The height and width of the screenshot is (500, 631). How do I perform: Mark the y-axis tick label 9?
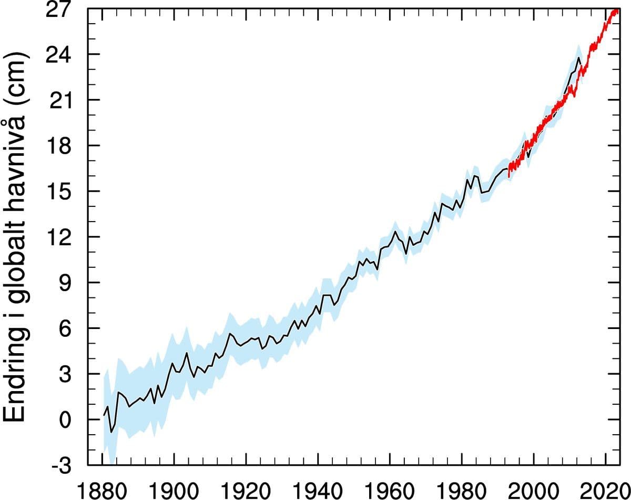[69, 283]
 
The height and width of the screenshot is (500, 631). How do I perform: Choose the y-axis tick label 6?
[69, 328]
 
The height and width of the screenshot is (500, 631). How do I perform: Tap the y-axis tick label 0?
[69, 419]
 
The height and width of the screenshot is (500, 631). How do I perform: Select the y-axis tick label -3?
[63, 465]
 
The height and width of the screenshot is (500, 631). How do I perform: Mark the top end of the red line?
[617, 9]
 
